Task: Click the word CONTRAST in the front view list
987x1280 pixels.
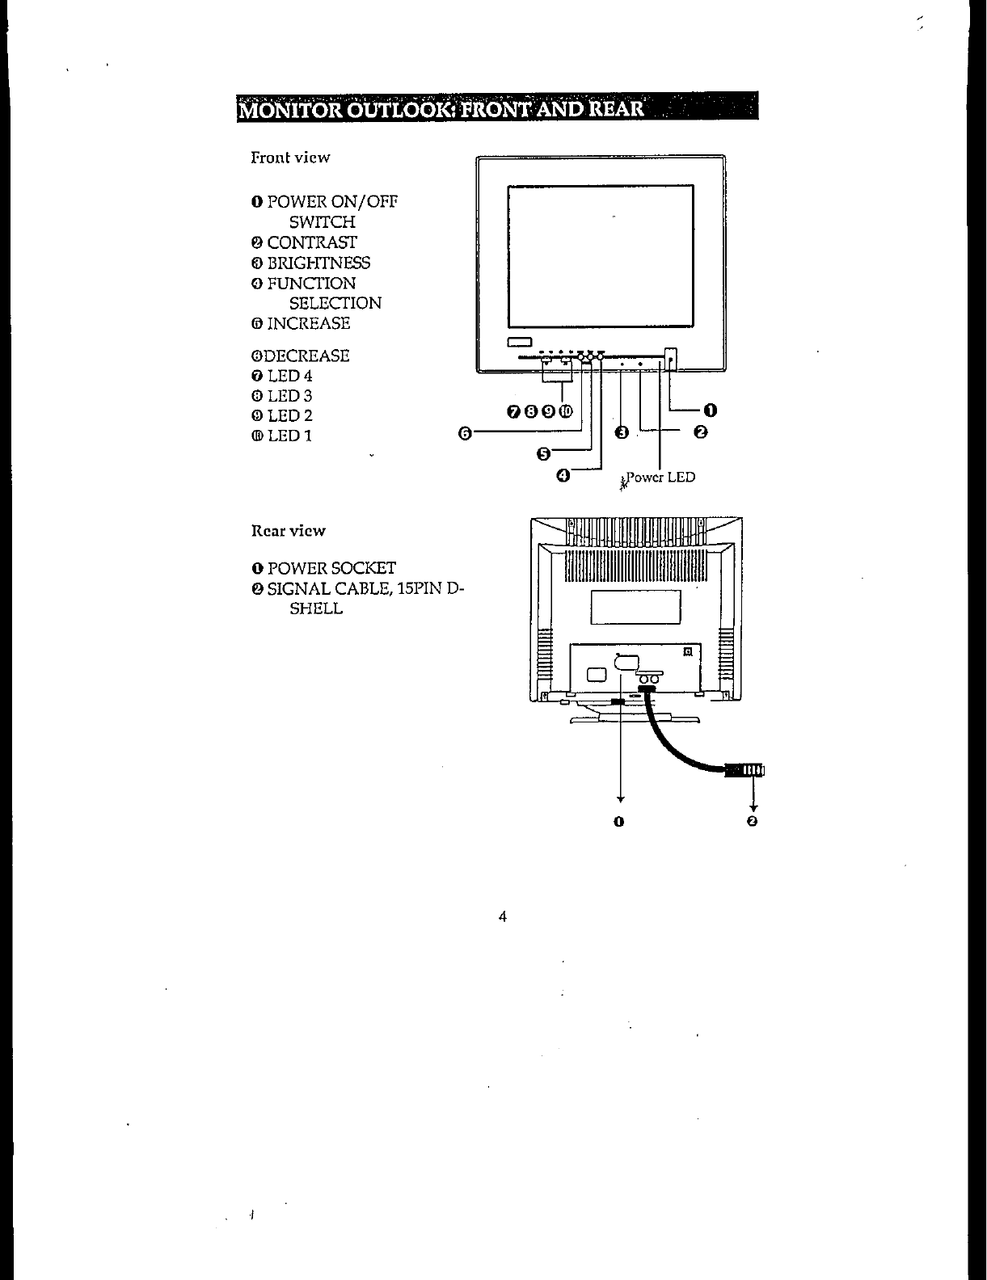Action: pyautogui.click(x=312, y=242)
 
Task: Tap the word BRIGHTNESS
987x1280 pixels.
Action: pyautogui.click(x=318, y=263)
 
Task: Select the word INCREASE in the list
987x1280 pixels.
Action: pyautogui.click(x=309, y=323)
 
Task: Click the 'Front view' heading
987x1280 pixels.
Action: pyautogui.click(x=290, y=158)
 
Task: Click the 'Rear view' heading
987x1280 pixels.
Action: pyautogui.click(x=288, y=531)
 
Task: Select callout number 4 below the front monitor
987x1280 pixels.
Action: pyautogui.click(x=563, y=475)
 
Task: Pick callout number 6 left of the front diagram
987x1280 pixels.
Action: pyautogui.click(x=465, y=433)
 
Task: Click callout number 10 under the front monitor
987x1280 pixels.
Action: pyautogui.click(x=566, y=412)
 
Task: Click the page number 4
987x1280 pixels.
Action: pyautogui.click(x=503, y=916)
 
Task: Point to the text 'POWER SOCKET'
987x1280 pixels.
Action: pyautogui.click(x=331, y=568)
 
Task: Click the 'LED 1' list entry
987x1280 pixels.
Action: pyautogui.click(x=289, y=436)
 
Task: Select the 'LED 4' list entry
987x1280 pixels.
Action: pyautogui.click(x=289, y=376)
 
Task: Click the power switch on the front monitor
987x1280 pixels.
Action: pyautogui.click(x=670, y=356)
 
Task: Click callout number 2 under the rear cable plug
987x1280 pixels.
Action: pyautogui.click(x=753, y=822)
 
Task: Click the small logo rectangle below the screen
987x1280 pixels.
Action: pyautogui.click(x=518, y=340)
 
